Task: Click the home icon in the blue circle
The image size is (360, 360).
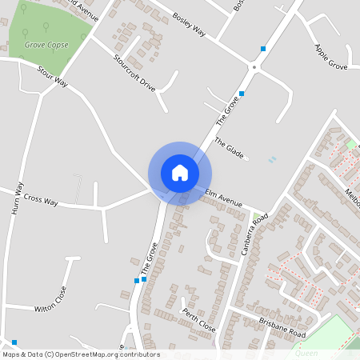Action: point(180,172)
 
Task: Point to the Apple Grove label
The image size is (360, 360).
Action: point(330,57)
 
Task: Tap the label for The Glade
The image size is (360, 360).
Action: point(229,147)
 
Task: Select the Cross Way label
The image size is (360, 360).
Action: point(41,198)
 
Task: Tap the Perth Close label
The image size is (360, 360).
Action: point(198,320)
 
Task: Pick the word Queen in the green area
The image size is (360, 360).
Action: point(306,352)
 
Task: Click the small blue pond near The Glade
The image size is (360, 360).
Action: point(273,159)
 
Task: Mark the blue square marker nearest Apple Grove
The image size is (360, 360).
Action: point(262,49)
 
